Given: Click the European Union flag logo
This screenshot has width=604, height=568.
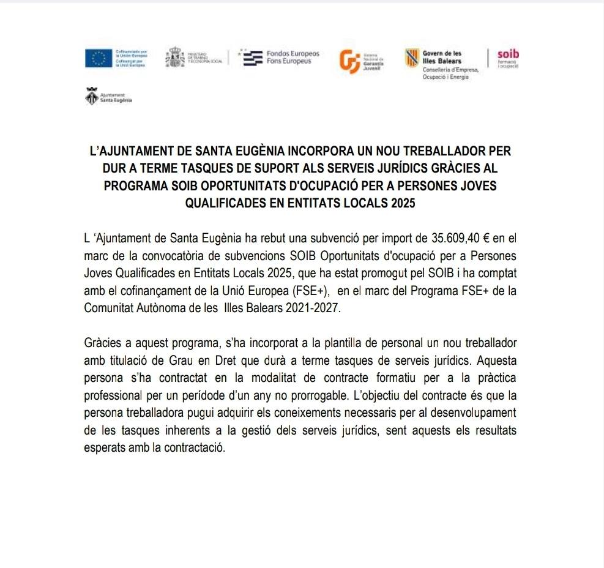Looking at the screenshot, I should [x=98, y=59].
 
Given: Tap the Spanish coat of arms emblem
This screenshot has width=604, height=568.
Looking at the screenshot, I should [x=175, y=58].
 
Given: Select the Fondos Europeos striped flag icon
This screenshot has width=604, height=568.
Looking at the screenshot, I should [x=252, y=58].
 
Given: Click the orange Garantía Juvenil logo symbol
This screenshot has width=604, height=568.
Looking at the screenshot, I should [x=349, y=61].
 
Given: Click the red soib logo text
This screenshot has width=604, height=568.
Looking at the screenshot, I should [x=508, y=54].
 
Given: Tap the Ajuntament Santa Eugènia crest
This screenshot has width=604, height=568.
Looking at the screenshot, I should [x=91, y=97].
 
